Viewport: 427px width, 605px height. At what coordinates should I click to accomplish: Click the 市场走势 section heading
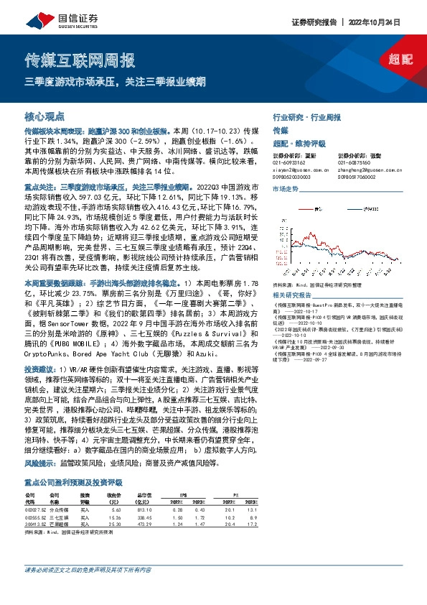click(x=284, y=188)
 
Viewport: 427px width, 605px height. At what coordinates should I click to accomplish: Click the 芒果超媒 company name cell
click(x=59, y=503)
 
